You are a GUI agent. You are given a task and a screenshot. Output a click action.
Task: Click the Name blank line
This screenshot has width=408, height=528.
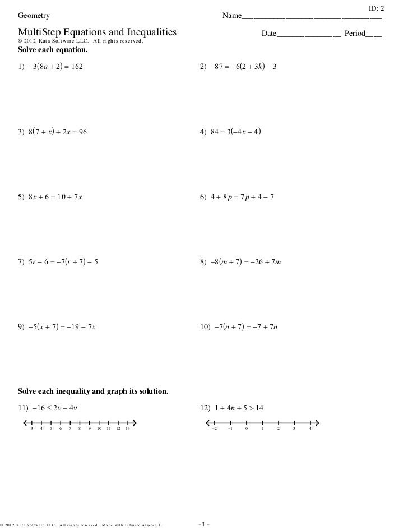312,17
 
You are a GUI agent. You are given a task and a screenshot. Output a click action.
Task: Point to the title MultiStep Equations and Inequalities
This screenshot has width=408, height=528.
97,33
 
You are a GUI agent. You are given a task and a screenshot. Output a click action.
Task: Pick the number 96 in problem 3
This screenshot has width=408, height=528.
82,133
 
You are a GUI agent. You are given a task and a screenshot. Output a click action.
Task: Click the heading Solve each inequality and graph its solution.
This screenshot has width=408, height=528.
93,390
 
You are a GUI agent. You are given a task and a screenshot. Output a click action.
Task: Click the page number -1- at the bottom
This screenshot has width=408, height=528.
203,524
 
